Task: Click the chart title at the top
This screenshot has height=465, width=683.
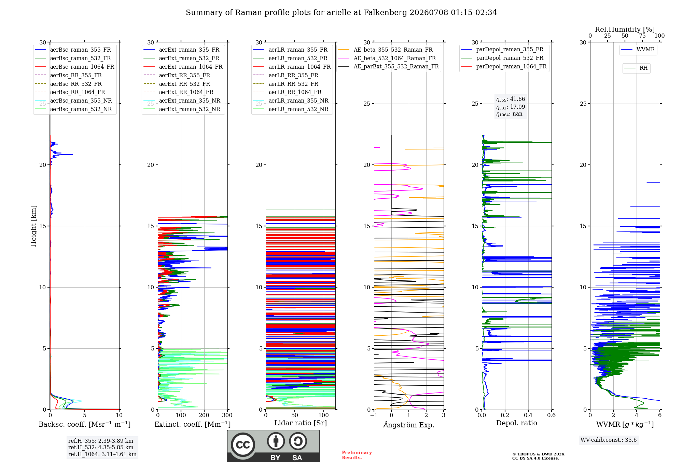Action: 341,13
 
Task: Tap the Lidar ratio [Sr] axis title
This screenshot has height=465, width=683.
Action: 301,423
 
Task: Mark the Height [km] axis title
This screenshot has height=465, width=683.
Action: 33,226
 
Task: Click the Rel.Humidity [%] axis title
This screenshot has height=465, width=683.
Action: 625,29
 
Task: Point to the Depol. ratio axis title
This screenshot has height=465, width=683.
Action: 517,423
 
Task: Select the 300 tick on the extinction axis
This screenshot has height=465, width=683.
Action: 227,415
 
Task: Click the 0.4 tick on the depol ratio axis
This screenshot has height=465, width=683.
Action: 528,415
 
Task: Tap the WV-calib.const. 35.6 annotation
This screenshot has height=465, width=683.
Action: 609,440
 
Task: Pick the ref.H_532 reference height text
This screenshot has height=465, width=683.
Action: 101,447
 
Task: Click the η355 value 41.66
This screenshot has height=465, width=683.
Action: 511,99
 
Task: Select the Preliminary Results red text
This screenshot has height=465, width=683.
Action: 357,455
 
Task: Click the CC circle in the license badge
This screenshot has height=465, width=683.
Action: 243,444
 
